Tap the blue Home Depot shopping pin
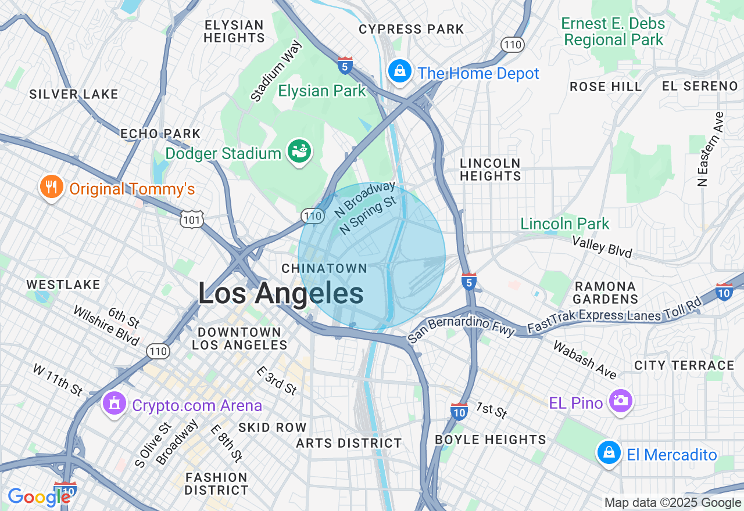(x=399, y=72)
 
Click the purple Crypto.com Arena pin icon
(x=115, y=404)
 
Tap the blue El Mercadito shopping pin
(x=609, y=453)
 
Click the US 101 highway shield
(x=192, y=219)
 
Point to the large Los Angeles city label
(x=281, y=293)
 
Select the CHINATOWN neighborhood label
(x=324, y=268)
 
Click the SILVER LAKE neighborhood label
(x=74, y=94)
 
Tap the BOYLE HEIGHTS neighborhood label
(x=491, y=440)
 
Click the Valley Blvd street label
(x=602, y=247)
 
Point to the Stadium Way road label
(x=277, y=71)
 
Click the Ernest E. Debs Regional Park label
(x=613, y=32)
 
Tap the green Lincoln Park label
(x=565, y=224)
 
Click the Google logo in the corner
(x=40, y=497)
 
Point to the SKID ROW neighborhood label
(x=272, y=427)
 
